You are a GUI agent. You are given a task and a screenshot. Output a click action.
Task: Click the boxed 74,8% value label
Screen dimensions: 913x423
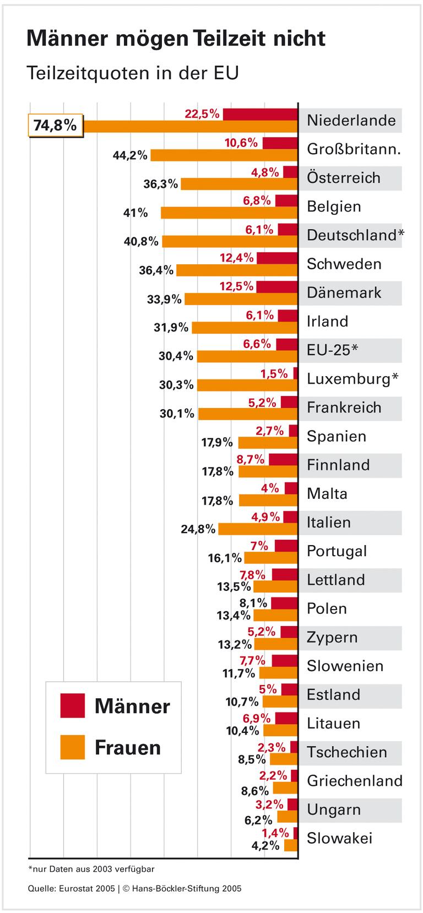tap(55, 126)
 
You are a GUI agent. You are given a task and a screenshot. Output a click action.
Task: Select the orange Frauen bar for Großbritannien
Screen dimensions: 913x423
tap(224, 155)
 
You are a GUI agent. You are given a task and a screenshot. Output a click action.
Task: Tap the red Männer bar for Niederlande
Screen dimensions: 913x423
tap(260, 114)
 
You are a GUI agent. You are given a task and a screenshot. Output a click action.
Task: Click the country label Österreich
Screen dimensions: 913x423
tap(343, 178)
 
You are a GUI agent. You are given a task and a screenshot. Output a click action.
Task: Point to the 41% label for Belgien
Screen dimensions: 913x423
tap(135, 212)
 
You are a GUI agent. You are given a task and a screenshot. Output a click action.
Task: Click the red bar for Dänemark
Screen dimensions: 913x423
tap(277, 286)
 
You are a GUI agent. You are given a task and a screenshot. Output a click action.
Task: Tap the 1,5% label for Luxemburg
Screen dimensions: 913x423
tap(274, 373)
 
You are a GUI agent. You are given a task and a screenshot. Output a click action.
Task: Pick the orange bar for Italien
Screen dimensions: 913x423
tap(258, 529)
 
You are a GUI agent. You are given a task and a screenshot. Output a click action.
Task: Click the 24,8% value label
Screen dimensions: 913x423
tap(198, 529)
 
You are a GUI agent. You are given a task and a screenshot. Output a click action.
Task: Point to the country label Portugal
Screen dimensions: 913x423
tap(337, 551)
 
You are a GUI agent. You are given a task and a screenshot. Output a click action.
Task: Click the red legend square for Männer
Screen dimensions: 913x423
tap(73, 705)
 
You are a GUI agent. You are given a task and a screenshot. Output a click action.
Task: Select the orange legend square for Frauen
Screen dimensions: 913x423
tap(73, 747)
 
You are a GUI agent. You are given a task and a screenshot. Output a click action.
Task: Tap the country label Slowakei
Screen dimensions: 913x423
tap(339, 838)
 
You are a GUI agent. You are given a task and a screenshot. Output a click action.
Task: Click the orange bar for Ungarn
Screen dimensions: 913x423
tap(287, 816)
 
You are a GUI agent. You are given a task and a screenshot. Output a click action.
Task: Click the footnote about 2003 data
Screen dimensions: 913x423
tap(91, 869)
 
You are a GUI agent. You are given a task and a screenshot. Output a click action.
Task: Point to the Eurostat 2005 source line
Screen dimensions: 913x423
tap(72, 888)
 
